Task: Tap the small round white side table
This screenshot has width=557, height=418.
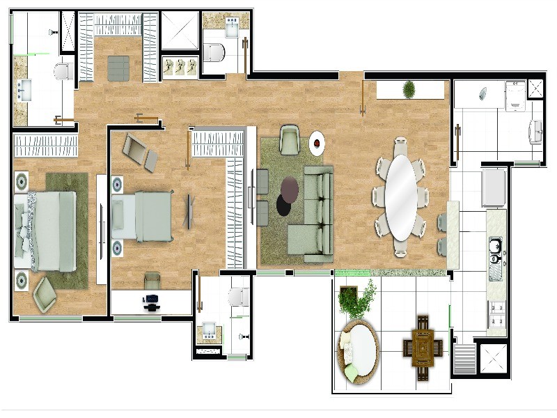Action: click(317, 144)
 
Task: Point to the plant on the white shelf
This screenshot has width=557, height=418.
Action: click(409, 89)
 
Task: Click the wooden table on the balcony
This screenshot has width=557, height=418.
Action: click(422, 345)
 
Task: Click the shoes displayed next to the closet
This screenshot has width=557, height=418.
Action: click(180, 67)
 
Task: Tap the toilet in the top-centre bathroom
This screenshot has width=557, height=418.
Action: click(216, 52)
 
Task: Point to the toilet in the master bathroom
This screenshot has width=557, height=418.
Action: click(63, 70)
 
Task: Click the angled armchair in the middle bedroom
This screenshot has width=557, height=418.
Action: click(141, 150)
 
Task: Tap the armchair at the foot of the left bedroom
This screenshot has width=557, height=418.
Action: click(46, 293)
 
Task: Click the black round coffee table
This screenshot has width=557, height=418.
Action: click(285, 204)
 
